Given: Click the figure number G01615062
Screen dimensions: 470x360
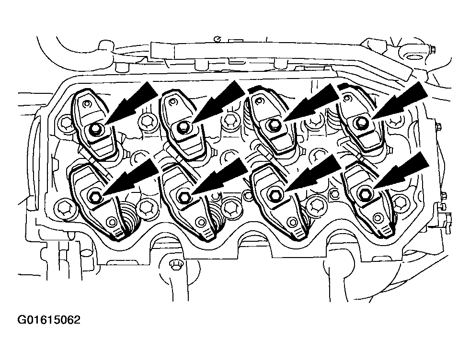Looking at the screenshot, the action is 49,320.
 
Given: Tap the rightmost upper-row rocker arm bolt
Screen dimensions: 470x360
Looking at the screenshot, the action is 362,122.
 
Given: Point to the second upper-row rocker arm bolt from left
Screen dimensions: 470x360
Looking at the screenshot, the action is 183,128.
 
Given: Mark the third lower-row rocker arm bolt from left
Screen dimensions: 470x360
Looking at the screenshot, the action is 274,194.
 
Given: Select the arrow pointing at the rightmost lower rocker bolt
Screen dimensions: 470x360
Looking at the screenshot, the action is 401,171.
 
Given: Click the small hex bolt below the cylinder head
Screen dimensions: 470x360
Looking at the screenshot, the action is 174,265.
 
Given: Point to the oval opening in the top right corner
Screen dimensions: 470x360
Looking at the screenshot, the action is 416,57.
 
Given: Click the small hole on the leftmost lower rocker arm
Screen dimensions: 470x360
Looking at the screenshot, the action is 113,222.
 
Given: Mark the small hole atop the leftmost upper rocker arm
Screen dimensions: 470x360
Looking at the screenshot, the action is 87,104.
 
